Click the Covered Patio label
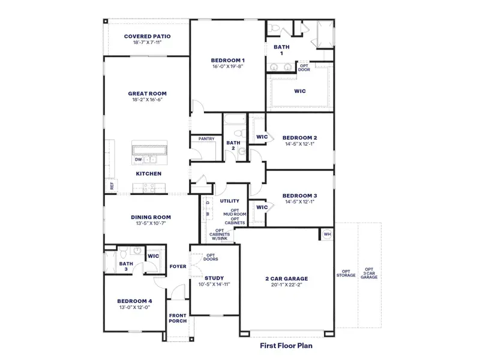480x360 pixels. point(147,37)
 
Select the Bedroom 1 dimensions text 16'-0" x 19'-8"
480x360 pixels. point(227,67)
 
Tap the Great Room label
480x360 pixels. point(147,94)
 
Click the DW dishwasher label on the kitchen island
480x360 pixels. point(139,160)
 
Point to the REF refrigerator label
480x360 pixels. point(112,186)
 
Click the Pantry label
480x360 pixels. point(206,139)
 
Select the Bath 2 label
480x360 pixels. point(233,146)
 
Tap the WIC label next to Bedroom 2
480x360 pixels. point(262,137)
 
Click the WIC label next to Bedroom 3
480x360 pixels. point(262,207)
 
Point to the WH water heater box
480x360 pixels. point(327,234)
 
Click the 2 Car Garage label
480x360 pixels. point(287,278)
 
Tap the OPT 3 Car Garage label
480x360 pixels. point(369,274)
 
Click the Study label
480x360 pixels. point(214,278)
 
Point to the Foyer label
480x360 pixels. point(178,266)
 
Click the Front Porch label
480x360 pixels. point(178,318)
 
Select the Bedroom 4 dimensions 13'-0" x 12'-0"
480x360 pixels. point(134,307)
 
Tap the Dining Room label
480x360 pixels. point(151,217)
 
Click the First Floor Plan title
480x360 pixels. point(286,346)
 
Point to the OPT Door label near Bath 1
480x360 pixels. point(304,67)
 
